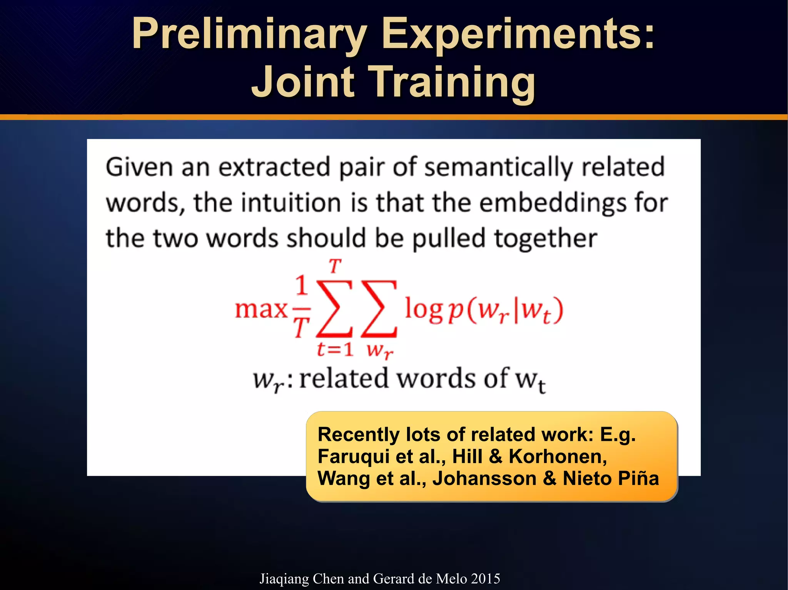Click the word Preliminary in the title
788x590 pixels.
248,35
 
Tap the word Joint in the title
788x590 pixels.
302,82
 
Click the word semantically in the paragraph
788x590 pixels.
498,168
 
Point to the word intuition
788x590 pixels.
291,203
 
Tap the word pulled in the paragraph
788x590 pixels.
449,238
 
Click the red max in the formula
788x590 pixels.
261,309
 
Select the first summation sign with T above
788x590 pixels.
334,308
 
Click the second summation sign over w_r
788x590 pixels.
379,308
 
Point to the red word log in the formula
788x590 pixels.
423,309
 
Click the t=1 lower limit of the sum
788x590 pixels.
335,349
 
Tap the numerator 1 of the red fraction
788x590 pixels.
302,285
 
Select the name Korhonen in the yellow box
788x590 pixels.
558,457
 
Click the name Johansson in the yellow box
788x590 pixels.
484,479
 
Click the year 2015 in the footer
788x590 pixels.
485,578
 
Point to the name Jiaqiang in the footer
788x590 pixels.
284,579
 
